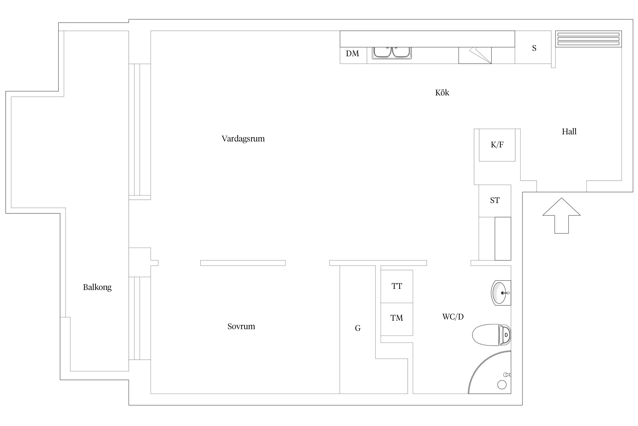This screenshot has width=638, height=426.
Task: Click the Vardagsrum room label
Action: (243, 139)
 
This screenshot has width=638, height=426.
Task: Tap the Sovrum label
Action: (241, 326)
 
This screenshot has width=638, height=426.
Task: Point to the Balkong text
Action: (97, 287)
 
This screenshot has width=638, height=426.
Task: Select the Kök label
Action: (442, 93)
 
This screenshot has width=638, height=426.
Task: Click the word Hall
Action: (569, 131)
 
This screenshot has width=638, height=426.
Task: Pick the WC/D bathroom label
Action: (453, 317)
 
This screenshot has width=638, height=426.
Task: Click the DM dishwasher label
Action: (352, 53)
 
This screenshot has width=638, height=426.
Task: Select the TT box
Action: (397, 286)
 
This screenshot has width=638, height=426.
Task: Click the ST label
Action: (495, 201)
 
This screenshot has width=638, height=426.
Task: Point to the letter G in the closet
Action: (358, 328)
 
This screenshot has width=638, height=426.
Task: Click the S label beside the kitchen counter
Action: (534, 48)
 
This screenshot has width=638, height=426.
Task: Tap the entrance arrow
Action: (561, 216)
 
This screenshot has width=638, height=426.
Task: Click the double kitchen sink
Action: (392, 53)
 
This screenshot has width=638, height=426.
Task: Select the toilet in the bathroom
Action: (491, 335)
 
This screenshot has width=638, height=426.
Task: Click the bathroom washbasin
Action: (501, 293)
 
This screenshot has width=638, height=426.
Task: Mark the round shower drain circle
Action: (502, 385)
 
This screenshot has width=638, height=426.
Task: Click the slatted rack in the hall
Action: (588, 39)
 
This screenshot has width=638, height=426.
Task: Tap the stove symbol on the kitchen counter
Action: (475, 55)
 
